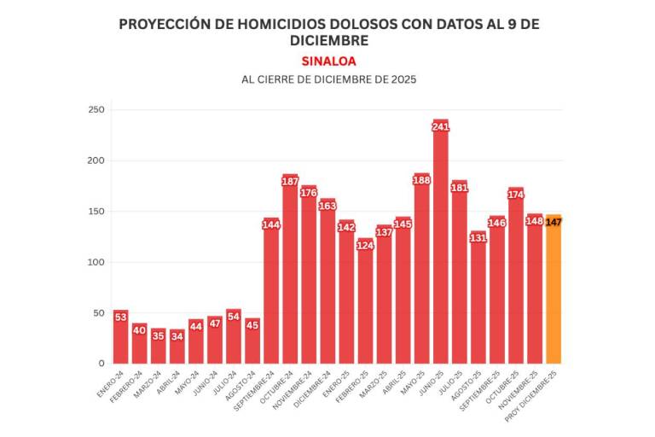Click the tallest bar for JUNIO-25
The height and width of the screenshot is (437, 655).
pos(440,248)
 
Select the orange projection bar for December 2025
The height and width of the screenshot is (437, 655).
pos(554,290)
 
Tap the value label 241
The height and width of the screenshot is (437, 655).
pos(440,127)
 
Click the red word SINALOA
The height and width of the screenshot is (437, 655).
pos(328,61)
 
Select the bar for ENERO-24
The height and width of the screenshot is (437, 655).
pos(120,337)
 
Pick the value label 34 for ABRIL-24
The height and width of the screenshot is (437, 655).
pos(177,336)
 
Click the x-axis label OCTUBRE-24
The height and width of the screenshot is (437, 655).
pos(278,389)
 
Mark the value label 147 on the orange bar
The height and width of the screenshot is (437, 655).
pos(554,222)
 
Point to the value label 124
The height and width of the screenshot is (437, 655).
pos(365,245)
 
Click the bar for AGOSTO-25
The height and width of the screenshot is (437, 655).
pos(478,299)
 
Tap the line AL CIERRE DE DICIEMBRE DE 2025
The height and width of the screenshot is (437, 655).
pos(328,79)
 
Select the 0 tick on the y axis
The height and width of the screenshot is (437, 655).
pos(101,364)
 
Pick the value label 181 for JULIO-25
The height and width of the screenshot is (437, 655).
pos(459,187)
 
